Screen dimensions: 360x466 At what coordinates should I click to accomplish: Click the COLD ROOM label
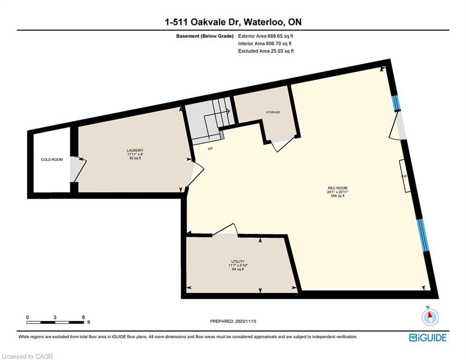[x=52, y=160]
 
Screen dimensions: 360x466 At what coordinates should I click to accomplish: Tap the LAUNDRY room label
[x=134, y=150]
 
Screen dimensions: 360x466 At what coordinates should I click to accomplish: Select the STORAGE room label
[x=273, y=112]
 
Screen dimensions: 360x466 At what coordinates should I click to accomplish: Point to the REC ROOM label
[x=337, y=188]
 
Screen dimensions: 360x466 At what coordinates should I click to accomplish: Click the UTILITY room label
[x=238, y=262]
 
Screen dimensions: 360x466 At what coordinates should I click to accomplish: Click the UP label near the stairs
[x=210, y=148]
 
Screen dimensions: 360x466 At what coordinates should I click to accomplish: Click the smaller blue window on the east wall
[x=396, y=103]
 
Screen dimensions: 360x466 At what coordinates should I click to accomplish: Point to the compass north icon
[x=429, y=317]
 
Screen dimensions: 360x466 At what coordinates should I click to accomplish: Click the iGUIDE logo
[x=428, y=337]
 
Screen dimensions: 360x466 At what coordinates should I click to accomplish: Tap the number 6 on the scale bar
[x=83, y=317]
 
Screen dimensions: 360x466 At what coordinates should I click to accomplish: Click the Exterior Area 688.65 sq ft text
[x=266, y=36]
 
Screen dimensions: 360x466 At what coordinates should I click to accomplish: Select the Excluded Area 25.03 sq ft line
[x=266, y=51]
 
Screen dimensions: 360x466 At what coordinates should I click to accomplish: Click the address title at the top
[x=233, y=22]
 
